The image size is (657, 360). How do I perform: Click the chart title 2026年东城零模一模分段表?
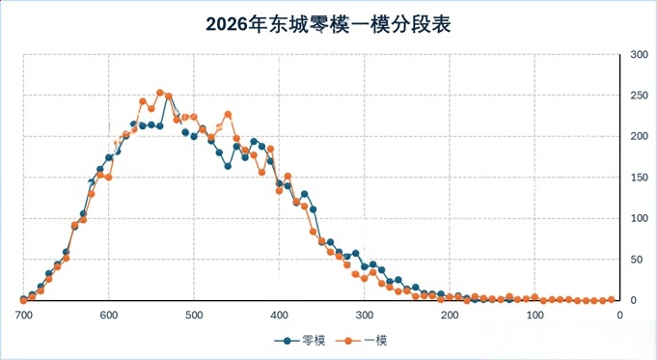coord(328,24)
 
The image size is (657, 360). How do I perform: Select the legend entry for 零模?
coord(300,340)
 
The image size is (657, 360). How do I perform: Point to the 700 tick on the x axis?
coord(23,316)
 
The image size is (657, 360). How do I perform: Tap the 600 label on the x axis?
coord(108,316)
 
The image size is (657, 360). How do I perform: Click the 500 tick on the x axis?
coord(193,316)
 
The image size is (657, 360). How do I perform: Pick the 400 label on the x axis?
coord(279,316)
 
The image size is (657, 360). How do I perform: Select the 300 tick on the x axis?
coord(364,316)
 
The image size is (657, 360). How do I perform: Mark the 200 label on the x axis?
coord(449,316)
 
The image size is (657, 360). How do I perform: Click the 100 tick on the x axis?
coord(534,316)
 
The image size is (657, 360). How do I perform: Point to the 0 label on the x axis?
coord(618,316)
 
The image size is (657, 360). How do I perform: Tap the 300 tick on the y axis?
coord(638,55)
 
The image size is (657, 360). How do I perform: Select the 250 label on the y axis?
coord(638,96)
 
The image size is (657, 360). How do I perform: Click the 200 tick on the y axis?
coord(638,137)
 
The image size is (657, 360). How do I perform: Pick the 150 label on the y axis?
coord(638,178)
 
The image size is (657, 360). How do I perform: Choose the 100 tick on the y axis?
coord(638,219)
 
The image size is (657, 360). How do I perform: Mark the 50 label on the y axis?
coord(638,260)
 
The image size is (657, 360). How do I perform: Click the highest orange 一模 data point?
coord(160,93)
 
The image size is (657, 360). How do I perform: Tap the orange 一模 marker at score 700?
coord(23,300)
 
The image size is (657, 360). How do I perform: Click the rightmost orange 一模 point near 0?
coord(612,300)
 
